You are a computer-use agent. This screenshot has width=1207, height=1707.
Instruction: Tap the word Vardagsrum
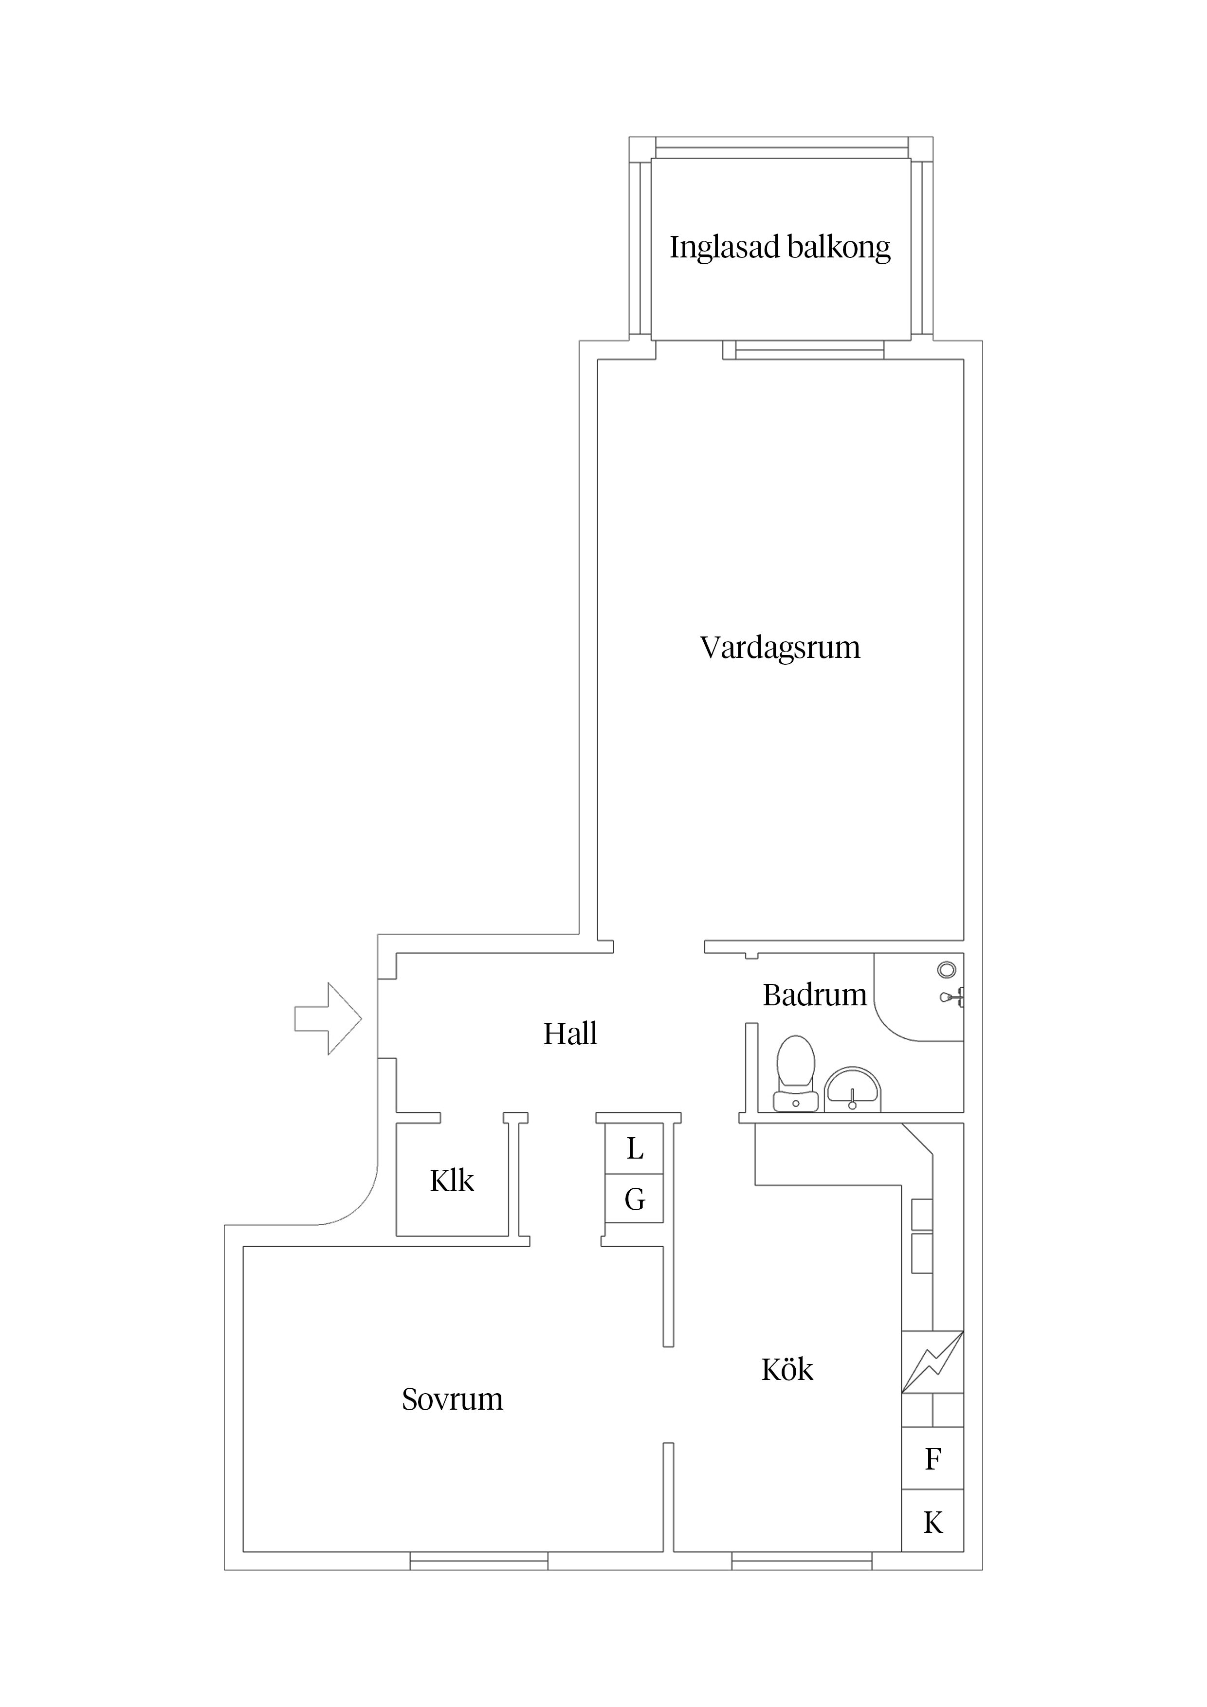pos(779,648)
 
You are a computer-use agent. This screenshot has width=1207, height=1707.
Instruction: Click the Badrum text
pos(814,995)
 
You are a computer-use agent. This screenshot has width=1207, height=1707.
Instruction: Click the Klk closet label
pos(452,1180)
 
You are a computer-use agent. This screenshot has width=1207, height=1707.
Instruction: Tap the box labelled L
pos(634,1149)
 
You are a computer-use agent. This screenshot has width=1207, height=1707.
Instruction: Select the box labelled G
pos(634,1199)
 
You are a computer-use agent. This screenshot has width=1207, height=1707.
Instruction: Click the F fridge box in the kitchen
pos(933,1459)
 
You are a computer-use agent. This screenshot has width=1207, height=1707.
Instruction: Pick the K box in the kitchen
pos(933,1523)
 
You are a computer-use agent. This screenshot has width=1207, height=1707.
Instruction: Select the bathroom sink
pos(852,1090)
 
